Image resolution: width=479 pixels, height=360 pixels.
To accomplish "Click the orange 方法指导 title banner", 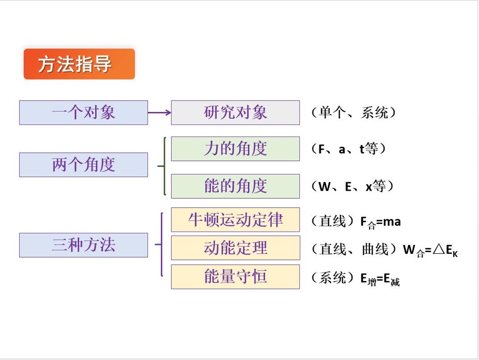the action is coord(79,64).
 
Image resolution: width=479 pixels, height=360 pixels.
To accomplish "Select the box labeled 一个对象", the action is coord(83,113).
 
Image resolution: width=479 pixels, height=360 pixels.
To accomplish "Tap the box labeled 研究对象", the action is coord(235,113).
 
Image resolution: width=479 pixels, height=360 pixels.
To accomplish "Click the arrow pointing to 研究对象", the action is coord(160,113).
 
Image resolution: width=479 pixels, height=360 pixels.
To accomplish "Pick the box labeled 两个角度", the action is coord(83,165).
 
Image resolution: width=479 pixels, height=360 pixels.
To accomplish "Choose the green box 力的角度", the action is coord(235,149).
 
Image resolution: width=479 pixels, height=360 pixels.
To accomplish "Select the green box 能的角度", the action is coord(235,186).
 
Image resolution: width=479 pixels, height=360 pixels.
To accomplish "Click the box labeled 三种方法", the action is coord(83,245).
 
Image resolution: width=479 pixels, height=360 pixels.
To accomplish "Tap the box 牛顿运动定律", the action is coord(235,220).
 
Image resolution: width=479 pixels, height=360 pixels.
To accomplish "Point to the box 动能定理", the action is coord(235,248).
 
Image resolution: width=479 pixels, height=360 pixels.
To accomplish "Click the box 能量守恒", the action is coord(235,277).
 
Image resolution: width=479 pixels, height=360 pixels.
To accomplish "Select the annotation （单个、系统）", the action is coord(354,113).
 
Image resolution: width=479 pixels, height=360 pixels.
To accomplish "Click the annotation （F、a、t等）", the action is coord(348,149).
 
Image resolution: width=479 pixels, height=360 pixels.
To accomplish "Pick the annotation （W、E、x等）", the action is coord(352,186).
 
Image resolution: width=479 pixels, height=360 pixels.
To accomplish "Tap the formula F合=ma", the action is coord(380,222).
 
